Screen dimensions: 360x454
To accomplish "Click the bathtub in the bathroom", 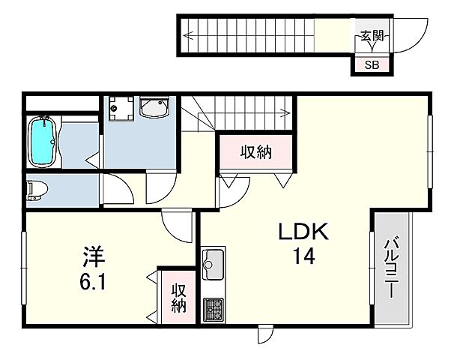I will [43, 141].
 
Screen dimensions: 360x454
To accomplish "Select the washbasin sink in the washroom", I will [154, 110].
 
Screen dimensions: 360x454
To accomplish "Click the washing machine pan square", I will [120, 109].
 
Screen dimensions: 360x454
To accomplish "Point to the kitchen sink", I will [213, 263].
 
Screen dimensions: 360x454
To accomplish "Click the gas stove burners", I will [213, 307].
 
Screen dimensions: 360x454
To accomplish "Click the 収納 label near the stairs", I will [255, 153].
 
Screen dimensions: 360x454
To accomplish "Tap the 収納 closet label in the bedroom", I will [178, 298].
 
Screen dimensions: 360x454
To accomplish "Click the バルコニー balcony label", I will [391, 266].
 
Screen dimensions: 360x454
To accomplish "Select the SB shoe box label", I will [372, 64].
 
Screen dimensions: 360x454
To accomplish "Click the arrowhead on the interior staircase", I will [285, 114].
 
